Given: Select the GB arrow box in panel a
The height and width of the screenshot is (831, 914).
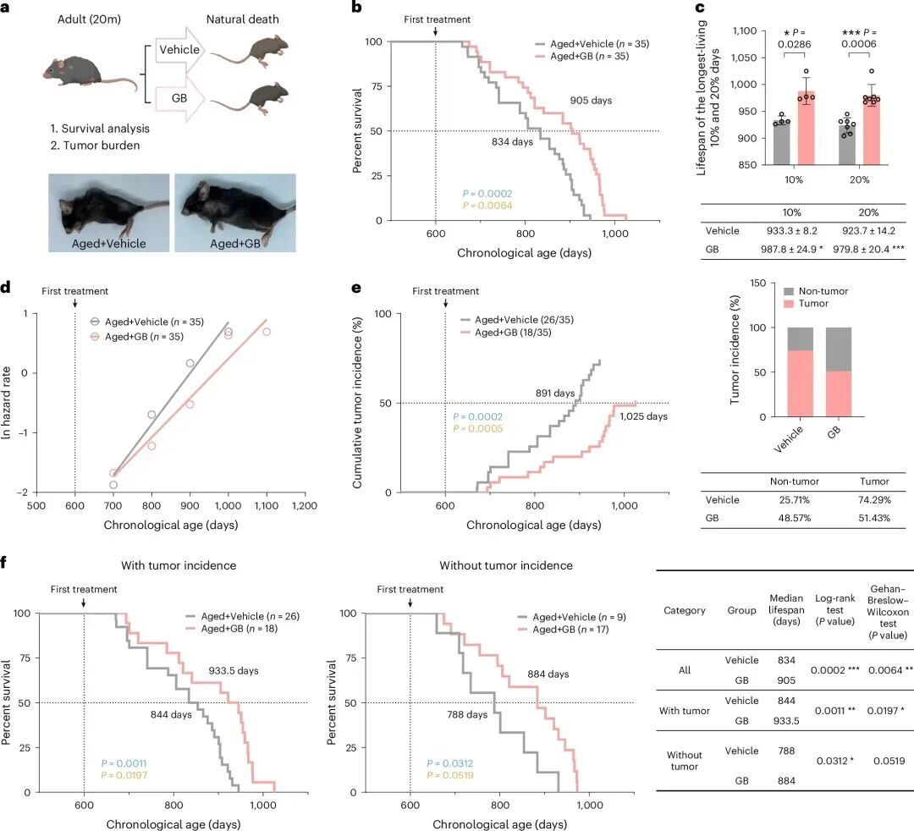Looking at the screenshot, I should [x=179, y=98].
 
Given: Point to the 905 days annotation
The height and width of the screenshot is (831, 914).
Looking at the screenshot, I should [x=590, y=100].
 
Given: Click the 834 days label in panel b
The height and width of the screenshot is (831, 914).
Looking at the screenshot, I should [x=512, y=142].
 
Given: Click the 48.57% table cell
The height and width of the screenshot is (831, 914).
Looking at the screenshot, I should [x=794, y=517].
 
